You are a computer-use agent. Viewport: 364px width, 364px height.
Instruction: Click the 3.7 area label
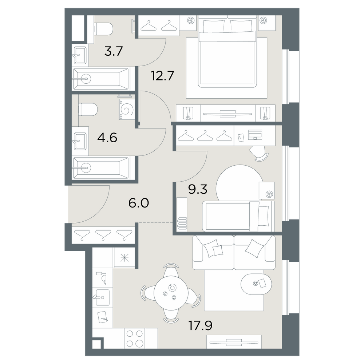coord(113,51)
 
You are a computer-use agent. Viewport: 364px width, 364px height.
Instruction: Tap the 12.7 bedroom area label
coord(162,75)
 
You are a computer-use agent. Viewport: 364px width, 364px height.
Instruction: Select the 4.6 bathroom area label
coord(107,138)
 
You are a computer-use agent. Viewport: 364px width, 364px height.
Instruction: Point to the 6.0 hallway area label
coord(139,203)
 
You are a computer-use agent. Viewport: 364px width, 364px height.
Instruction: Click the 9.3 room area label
coord(198,190)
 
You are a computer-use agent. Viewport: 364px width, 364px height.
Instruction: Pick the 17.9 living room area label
coord(201,325)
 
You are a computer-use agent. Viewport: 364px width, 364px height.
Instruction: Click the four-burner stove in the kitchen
coord(135,338)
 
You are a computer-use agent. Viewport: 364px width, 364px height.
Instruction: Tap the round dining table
coord(171,293)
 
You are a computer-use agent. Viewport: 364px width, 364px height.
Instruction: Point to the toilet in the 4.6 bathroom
coord(88,109)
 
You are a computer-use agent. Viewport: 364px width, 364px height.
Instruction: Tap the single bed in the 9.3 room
coord(238,216)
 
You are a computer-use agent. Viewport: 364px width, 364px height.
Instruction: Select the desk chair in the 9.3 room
coord(258,153)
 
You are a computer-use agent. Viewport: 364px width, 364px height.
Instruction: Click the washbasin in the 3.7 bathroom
coord(80,55)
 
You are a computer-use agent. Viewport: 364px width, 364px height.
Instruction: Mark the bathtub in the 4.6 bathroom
coord(101,167)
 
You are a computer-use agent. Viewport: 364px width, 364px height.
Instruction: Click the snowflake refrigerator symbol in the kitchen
coord(124,258)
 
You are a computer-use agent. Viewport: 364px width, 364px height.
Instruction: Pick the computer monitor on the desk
coord(255,135)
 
